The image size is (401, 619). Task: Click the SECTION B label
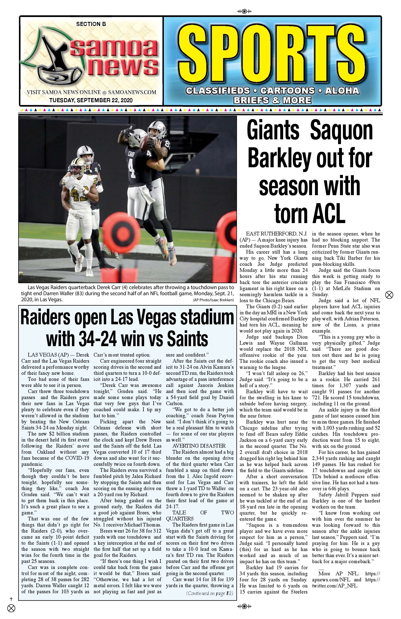[91, 24]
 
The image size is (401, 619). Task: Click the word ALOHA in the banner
[342, 91]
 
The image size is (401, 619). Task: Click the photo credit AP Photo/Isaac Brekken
[213, 300]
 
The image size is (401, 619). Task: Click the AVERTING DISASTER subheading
[199, 446]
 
